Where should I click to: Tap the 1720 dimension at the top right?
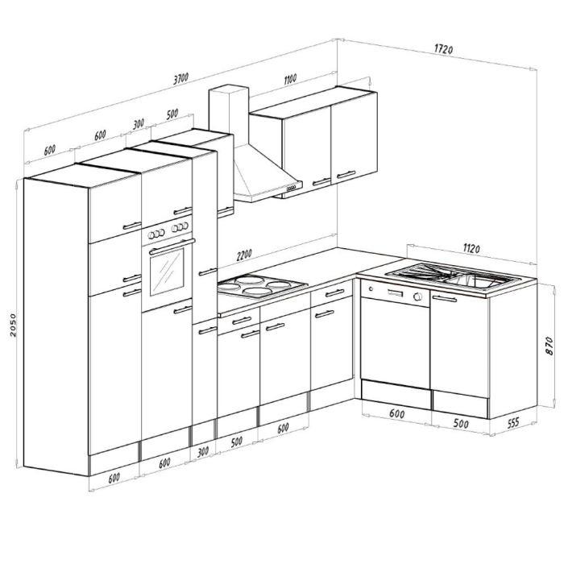(442, 49)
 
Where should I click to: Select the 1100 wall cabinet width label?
(290, 78)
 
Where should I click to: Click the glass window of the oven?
(168, 272)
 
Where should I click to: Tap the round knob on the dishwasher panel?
(418, 297)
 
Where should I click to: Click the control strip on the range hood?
(289, 189)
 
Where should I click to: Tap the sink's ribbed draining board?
(421, 273)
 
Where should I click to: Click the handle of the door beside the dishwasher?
(445, 300)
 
